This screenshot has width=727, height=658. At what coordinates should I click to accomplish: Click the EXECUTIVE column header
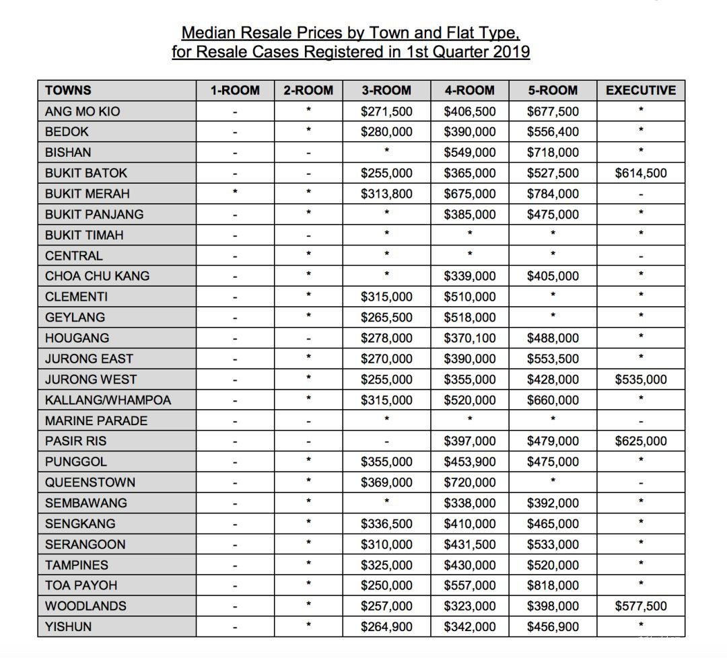pos(640,91)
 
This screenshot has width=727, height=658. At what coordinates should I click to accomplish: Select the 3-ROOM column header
pos(386,91)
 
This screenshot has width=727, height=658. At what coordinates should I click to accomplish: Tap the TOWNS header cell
pos(69,91)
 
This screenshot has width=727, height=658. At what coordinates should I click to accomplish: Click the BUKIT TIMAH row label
pos(84,235)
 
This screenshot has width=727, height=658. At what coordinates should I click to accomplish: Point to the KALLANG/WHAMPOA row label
pos(108,400)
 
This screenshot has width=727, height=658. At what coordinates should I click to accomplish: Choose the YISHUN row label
pos(68,627)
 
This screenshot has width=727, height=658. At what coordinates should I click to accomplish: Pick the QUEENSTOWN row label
pos(90,482)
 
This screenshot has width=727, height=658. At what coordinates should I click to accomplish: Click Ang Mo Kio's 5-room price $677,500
pos(553,112)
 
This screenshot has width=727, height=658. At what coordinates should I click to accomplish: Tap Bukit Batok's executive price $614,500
pos(641,174)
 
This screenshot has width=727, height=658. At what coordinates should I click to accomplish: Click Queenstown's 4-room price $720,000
pos(470,482)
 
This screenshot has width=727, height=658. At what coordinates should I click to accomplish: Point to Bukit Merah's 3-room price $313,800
pos(386,194)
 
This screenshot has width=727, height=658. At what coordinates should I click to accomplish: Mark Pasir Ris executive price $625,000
pos(641,441)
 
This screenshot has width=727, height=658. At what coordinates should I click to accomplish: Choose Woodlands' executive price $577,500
pos(641,606)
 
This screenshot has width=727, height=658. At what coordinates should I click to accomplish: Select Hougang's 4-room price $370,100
pos(470,338)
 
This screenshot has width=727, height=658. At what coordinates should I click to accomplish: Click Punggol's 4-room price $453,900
pos(470,462)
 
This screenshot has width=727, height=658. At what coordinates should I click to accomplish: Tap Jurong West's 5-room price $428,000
pos(553,379)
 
